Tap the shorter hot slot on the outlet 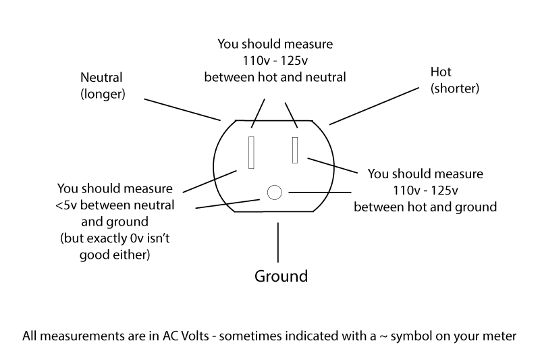295,149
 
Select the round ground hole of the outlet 273,192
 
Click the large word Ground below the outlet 281,276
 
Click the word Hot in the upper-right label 440,72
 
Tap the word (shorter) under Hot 454,88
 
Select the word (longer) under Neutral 103,94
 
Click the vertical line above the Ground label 277,243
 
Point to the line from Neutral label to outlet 182,110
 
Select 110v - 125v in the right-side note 425,190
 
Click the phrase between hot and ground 425,207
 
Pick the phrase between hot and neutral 275,77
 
